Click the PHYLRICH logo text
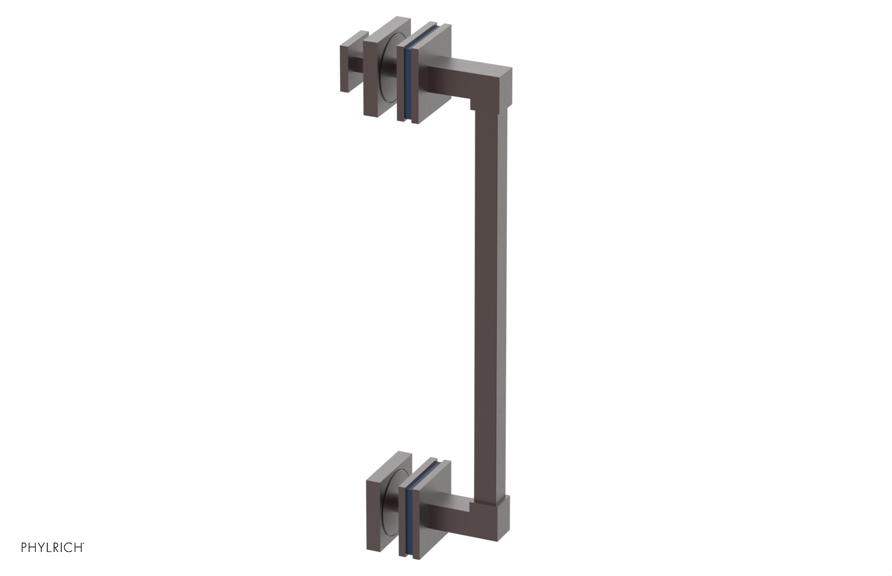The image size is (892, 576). (52, 547)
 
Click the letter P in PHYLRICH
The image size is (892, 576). (25, 548)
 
